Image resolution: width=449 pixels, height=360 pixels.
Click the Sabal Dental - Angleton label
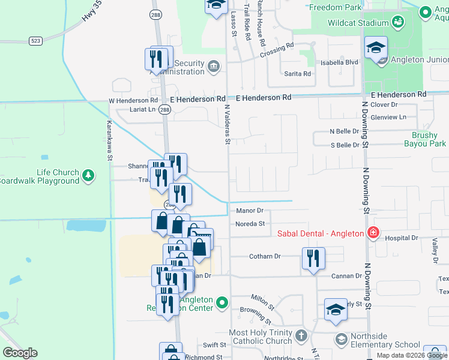click(x=320, y=233)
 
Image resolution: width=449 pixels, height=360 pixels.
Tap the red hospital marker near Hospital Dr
click(x=373, y=233)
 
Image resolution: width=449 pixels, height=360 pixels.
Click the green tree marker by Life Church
click(x=89, y=175)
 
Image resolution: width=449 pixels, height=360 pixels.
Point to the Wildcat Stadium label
click(x=358, y=23)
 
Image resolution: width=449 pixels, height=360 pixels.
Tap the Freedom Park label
click(x=336, y=8)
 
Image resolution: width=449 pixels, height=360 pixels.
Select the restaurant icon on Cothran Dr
click(x=313, y=258)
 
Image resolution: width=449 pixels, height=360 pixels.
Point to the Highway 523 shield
click(x=35, y=40)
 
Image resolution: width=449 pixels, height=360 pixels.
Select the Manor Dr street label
click(x=250, y=211)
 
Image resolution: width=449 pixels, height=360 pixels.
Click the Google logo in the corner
click(x=20, y=353)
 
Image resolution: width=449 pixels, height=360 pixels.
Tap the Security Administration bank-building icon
click(x=213, y=65)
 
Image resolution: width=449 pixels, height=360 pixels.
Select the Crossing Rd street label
click(x=277, y=50)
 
